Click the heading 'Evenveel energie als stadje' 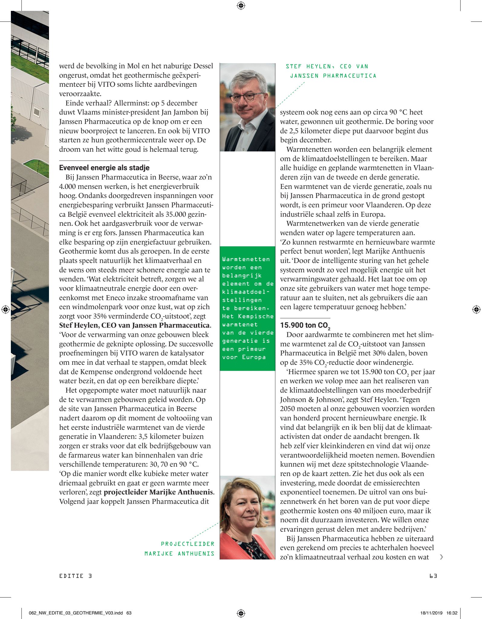click(x=104, y=168)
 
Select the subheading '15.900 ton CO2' click(x=305, y=326)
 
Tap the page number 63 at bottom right click(x=433, y=576)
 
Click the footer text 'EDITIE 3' click(x=76, y=576)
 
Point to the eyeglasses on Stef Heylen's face click(x=246, y=98)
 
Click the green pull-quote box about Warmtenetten click(x=247, y=308)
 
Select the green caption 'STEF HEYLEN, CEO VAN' click(x=327, y=66)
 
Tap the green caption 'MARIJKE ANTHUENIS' click(x=179, y=554)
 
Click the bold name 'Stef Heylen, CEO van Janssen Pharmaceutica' click(x=135, y=326)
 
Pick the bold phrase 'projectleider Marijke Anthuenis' click(x=158, y=492)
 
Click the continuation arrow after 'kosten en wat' click(x=442, y=557)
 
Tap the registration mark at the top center click(x=241, y=5)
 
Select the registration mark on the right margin click(x=476, y=309)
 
